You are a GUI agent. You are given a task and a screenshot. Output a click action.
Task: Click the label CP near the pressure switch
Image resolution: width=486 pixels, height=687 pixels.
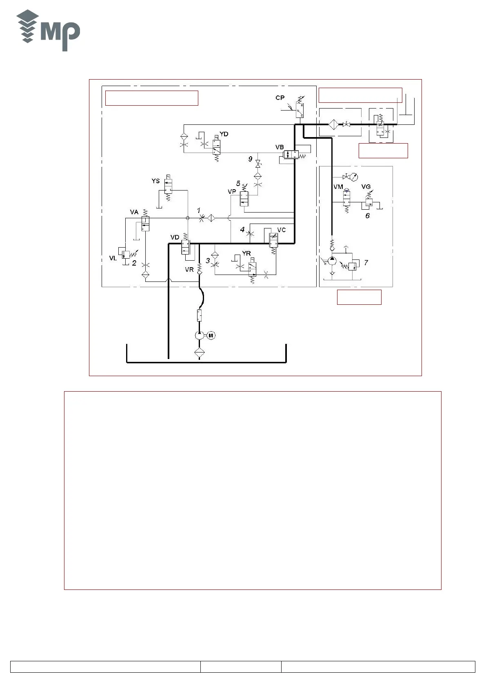[x=280, y=98]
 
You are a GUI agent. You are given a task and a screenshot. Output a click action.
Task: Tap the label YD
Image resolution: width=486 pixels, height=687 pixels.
[x=224, y=134]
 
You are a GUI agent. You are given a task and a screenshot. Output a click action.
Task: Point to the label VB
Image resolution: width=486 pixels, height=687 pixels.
[x=280, y=147]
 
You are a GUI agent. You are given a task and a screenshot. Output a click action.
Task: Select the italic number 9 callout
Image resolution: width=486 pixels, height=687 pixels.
[x=251, y=160]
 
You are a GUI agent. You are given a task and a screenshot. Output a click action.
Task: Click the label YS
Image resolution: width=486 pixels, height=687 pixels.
[x=155, y=181]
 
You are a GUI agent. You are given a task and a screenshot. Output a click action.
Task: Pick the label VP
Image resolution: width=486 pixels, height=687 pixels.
[x=232, y=192]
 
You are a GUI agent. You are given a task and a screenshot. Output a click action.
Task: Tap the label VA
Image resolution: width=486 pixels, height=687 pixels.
[x=134, y=212]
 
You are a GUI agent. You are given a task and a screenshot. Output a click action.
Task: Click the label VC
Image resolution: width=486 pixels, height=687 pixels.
[x=282, y=230]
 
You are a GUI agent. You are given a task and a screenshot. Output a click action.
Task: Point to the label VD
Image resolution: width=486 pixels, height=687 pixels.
[x=175, y=237]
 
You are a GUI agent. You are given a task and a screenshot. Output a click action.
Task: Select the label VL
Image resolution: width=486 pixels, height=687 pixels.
[x=113, y=258]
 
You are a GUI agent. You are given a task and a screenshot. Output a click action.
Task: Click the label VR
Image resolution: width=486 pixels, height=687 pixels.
[x=189, y=270]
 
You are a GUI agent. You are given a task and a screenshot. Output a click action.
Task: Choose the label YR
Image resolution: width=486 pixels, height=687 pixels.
[x=246, y=254]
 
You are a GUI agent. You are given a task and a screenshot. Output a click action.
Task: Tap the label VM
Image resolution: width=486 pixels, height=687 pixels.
[x=338, y=187]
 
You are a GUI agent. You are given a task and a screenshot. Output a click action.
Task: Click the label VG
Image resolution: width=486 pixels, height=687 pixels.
[x=366, y=187]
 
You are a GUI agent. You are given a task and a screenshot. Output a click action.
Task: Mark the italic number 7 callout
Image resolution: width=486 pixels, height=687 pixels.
[x=366, y=263]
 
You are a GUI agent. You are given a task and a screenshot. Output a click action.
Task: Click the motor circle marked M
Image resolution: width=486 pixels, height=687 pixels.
[x=211, y=335]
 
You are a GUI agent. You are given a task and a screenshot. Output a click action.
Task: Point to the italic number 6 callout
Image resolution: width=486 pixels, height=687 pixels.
[x=367, y=215]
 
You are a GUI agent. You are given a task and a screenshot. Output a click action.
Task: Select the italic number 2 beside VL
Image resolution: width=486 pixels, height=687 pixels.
[x=134, y=263]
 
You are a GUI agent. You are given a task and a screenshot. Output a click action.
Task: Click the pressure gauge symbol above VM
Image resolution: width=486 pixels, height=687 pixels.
[x=354, y=177]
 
